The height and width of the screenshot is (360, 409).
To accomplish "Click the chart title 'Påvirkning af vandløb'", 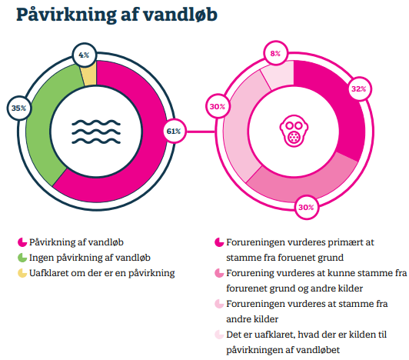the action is coord(117,15).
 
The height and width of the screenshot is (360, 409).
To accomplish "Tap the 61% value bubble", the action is coord(174,131).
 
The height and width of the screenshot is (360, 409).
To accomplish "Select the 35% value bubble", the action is coord(19,108).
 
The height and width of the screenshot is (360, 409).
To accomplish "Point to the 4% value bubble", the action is coord(85,55).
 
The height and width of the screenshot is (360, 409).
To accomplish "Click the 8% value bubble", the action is coord(275,54).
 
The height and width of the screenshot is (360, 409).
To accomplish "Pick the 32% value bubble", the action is coord(359,89).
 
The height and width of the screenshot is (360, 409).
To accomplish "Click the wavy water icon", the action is coord(96,132).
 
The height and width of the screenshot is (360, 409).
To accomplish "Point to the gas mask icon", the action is coord(294,131).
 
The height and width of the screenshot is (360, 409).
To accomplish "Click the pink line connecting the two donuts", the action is coord(201,132).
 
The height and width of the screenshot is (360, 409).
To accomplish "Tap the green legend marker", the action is coord(22,258).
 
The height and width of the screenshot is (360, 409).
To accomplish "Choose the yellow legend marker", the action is coord(22,273).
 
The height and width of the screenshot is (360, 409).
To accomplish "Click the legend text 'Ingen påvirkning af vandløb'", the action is coord(90,258).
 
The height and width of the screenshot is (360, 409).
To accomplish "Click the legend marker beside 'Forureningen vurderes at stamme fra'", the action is coord(219,304).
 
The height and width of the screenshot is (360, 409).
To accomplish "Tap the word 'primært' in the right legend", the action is coord(345,242).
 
